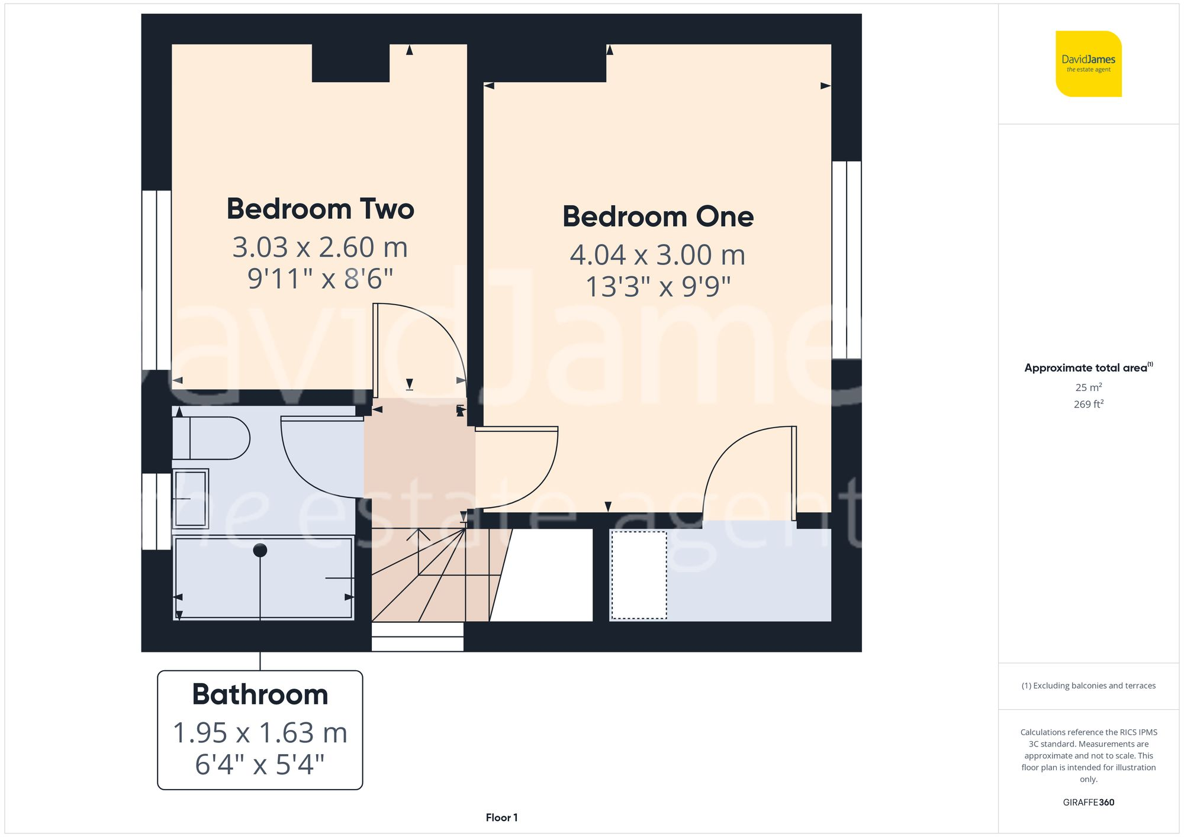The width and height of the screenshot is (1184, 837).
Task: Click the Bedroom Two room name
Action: click(x=320, y=209)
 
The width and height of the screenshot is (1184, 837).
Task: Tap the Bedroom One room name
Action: click(x=658, y=216)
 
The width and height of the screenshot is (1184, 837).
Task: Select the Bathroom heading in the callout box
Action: click(x=260, y=694)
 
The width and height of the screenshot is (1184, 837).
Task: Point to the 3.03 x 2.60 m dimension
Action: click(x=320, y=247)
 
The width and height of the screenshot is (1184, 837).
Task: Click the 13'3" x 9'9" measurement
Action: click(x=658, y=287)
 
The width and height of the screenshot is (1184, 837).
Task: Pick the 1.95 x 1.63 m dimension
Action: click(x=260, y=733)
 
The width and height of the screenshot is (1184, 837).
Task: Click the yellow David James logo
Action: click(x=1088, y=64)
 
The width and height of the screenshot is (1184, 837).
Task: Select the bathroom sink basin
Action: click(x=191, y=499)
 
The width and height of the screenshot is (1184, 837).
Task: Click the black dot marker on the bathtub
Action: click(x=260, y=550)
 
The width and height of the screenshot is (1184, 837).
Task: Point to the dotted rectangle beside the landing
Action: click(x=639, y=575)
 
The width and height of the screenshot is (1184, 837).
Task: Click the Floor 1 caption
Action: click(x=501, y=817)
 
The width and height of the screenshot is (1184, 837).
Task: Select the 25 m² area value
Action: click(x=1088, y=387)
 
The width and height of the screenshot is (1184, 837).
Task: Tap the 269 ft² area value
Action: click(x=1088, y=404)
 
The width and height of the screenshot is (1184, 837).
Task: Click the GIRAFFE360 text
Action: click(x=1088, y=802)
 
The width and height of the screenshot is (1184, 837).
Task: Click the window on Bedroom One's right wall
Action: click(x=846, y=260)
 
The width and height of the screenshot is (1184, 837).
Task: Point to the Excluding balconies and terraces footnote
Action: click(x=1088, y=686)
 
